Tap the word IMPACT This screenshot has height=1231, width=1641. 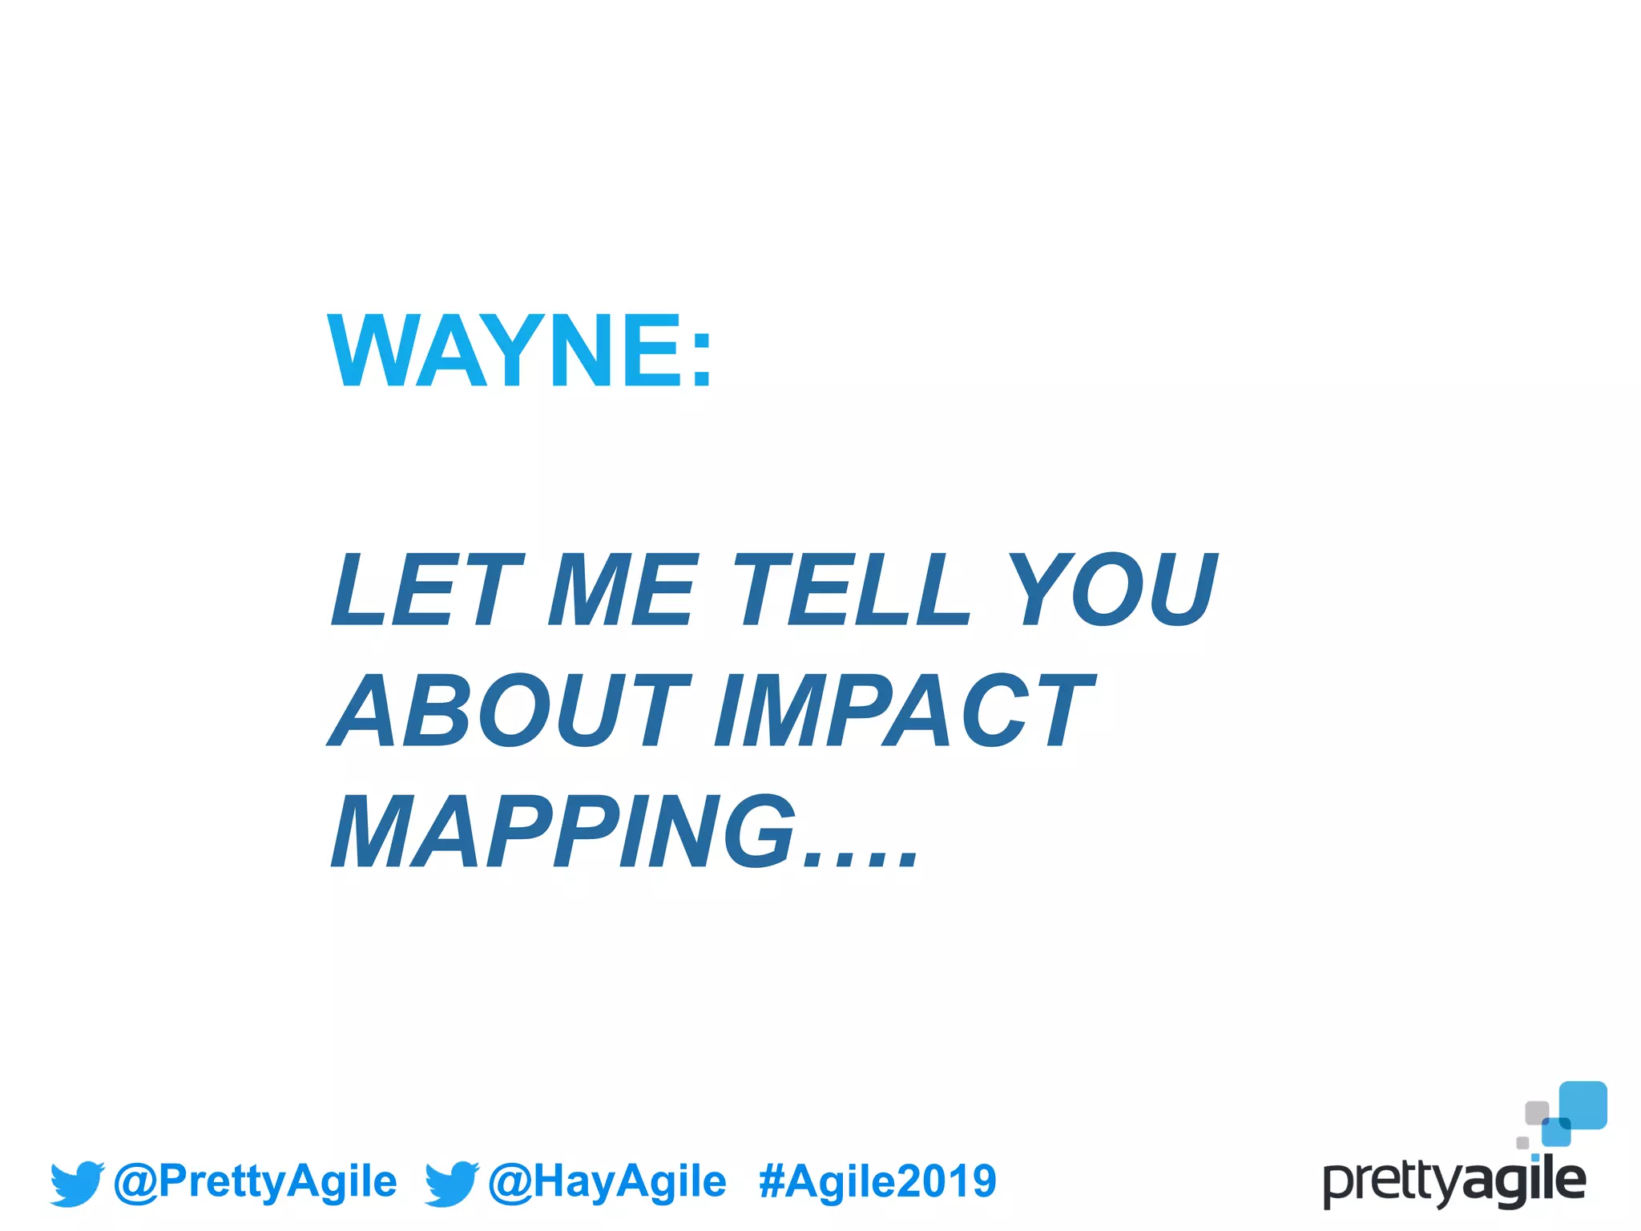coord(905,710)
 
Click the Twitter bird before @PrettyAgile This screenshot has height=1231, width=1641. coord(77,1183)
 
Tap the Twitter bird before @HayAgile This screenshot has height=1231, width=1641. coord(451,1183)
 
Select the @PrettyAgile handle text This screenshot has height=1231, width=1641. coord(256,1181)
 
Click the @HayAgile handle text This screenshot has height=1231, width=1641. coord(607,1181)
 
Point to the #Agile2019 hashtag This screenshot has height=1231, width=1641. coord(877,1181)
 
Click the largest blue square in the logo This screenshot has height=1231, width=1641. coord(1583,1104)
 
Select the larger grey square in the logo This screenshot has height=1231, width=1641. coord(1536,1112)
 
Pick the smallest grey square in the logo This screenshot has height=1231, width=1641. coord(1522,1142)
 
